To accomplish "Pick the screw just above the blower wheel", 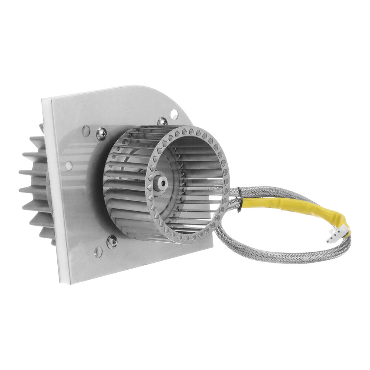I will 162,121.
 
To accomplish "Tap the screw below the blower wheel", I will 111,242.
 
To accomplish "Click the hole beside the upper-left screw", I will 85,130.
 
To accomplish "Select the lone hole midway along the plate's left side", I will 68,166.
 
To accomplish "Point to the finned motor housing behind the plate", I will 35,185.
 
